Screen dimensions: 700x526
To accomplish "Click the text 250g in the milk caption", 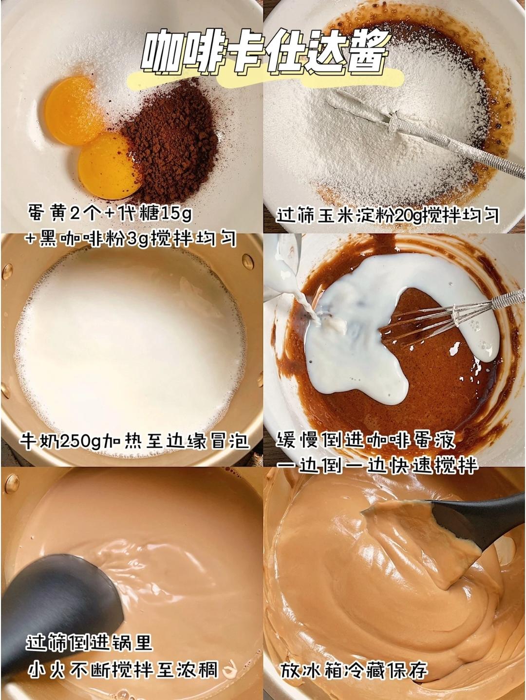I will point(83,441).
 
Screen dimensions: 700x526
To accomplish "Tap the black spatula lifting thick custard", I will point(468,521).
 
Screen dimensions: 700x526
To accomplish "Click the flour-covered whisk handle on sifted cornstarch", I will point(438,136).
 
